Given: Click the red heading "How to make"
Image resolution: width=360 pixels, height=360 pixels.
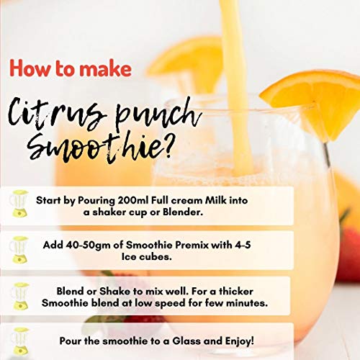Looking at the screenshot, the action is (71, 68).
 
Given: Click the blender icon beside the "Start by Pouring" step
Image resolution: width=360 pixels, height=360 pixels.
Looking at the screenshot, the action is (19, 204).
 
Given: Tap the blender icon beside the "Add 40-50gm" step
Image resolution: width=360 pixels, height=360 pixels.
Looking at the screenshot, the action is (19, 250).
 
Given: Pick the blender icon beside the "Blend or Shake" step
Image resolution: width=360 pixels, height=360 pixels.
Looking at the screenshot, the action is (20, 296).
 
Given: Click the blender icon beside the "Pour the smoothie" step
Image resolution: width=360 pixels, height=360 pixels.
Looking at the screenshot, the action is (20, 341).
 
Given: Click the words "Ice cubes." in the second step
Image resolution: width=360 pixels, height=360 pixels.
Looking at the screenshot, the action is (147, 257).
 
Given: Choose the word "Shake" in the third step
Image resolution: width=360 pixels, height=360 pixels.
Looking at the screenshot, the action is (114, 292).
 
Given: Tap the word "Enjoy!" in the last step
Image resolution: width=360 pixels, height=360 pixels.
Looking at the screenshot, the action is (239, 341).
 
